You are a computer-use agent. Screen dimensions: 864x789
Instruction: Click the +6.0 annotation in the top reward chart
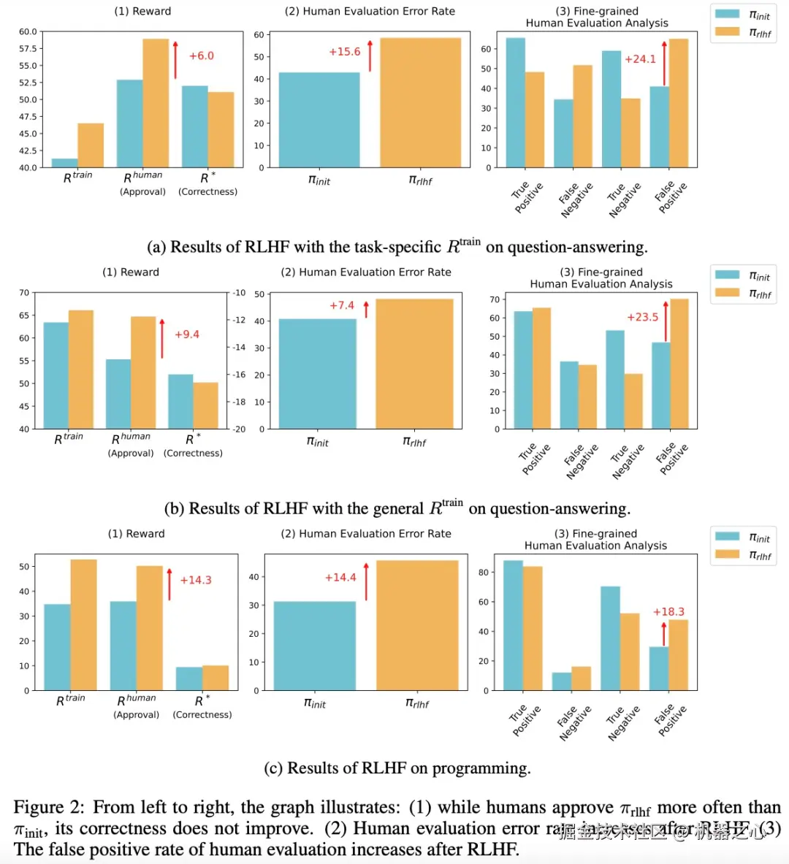point(201,56)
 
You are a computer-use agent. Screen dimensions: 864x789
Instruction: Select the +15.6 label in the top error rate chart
point(344,52)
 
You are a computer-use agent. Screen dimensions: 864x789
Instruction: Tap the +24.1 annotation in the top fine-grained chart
point(640,59)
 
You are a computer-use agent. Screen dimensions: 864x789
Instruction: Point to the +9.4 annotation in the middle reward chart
point(186,334)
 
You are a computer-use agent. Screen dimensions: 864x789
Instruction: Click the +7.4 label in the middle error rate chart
point(341,305)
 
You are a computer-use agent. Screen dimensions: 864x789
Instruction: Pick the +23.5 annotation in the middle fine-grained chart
point(642,317)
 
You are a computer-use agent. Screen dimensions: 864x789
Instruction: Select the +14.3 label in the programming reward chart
point(195,580)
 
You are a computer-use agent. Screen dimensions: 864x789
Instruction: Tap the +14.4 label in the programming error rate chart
point(340,577)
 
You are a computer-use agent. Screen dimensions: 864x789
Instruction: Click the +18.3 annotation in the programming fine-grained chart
point(668,612)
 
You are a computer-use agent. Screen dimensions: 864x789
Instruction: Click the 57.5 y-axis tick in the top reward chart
point(27,49)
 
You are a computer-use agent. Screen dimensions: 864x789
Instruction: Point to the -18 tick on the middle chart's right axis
point(239,402)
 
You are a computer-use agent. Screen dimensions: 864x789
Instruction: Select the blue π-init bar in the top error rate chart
point(319,120)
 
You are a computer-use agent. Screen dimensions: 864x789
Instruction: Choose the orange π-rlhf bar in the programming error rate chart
point(417,625)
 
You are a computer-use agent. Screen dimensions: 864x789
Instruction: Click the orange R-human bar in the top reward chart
point(156,103)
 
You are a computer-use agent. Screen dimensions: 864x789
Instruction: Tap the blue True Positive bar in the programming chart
point(513,625)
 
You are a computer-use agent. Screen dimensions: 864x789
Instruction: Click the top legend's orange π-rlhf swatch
point(727,31)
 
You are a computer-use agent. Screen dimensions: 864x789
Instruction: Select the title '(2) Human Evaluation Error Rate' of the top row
point(370,12)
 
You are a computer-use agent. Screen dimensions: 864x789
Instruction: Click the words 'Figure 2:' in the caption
point(49,808)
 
